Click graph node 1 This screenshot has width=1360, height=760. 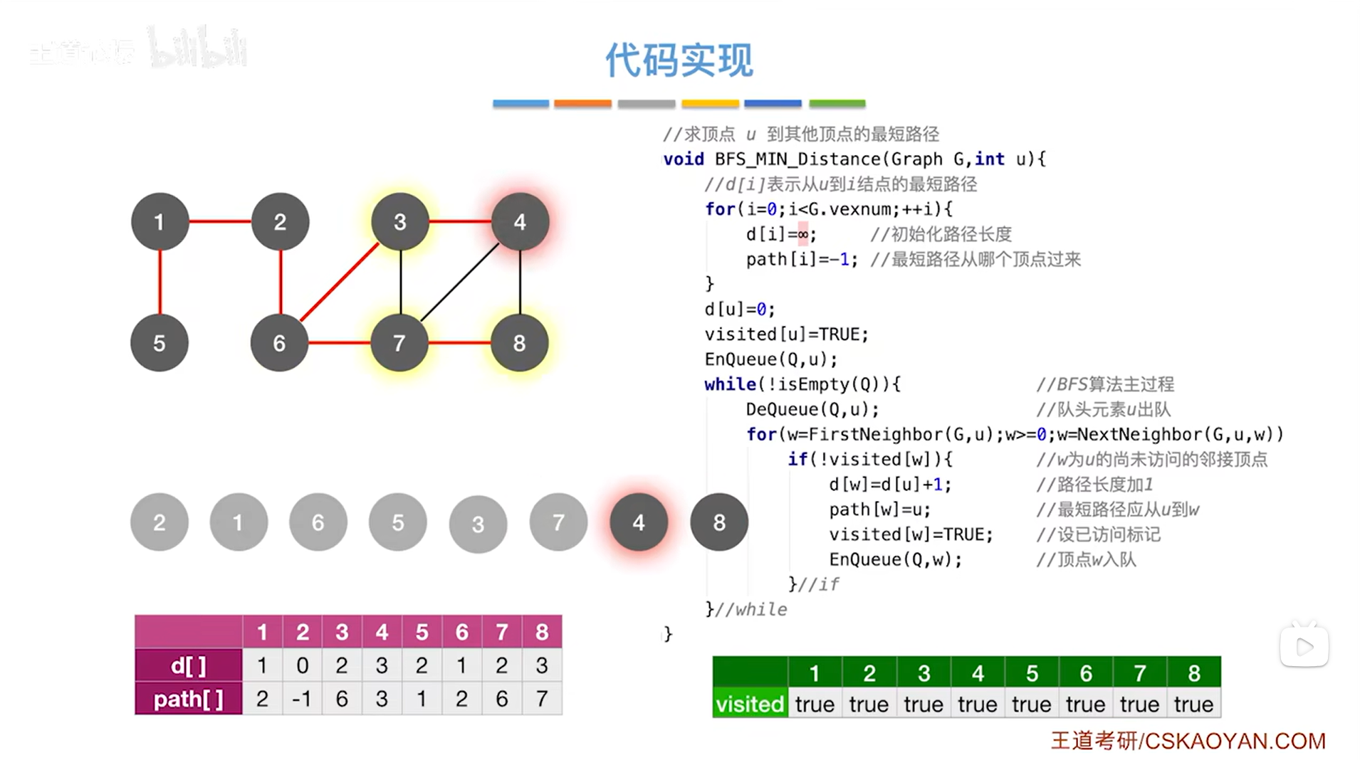click(x=159, y=222)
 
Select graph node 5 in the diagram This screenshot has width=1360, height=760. click(x=159, y=343)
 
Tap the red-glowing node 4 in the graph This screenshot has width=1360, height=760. click(x=520, y=222)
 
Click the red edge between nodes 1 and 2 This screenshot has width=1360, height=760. click(x=219, y=221)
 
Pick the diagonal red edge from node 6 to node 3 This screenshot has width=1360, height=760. click(x=339, y=283)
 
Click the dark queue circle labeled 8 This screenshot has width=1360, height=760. click(x=719, y=522)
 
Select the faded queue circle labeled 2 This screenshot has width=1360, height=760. click(x=159, y=522)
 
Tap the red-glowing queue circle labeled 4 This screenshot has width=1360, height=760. click(x=639, y=522)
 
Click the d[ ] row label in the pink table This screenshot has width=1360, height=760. click(x=189, y=666)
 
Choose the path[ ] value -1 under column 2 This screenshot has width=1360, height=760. click(x=302, y=699)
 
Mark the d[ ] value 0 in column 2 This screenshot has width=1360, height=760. click(x=302, y=666)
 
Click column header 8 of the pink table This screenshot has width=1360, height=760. click(x=542, y=632)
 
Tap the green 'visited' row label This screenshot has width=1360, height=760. click(x=750, y=704)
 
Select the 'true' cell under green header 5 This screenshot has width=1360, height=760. click(x=1031, y=704)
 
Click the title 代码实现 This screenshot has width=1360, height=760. click(x=679, y=60)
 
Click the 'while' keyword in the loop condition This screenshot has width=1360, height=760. click(x=730, y=384)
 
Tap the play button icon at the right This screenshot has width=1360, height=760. click(x=1304, y=647)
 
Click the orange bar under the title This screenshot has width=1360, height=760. click(x=582, y=104)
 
